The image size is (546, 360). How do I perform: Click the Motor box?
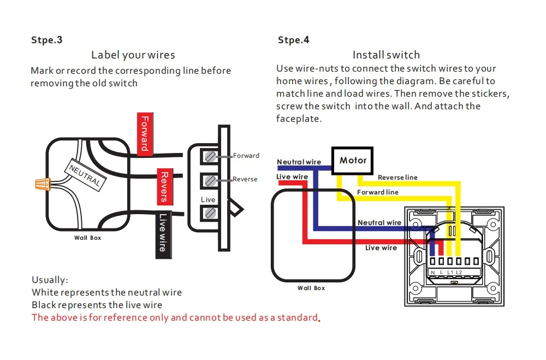352,161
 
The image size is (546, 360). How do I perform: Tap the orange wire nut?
43,184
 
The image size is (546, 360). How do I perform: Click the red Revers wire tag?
165,187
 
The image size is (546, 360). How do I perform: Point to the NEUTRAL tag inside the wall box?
85,175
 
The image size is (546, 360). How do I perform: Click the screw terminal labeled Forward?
210,156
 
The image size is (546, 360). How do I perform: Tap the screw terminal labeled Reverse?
210,181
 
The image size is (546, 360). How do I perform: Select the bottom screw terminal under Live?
210,213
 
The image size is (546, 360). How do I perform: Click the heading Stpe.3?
46,40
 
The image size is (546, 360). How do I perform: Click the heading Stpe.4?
294,40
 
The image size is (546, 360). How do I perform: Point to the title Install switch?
386,55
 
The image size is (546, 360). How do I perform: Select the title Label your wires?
133,55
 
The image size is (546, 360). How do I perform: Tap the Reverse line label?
397,178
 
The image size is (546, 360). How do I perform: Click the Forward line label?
378,192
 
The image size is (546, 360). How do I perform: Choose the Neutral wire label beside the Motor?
299,162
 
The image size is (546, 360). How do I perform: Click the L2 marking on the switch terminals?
459,272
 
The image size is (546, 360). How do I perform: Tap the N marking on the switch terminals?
433,272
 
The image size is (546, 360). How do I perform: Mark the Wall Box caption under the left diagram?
87,238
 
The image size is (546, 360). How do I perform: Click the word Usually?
50,280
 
